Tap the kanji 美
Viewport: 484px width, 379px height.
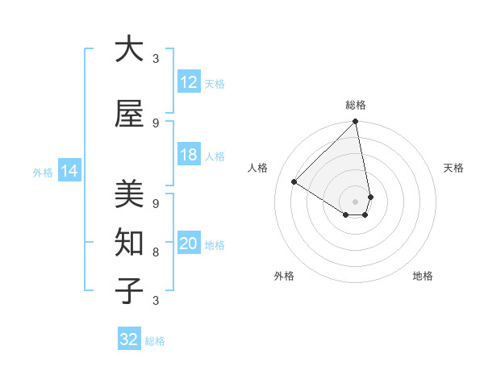click(x=129, y=194)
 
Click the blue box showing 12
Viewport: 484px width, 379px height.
click(x=189, y=82)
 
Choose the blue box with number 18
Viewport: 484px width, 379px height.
click(x=189, y=155)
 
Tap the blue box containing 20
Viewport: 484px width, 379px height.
click(x=189, y=244)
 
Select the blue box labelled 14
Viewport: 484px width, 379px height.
click(x=69, y=171)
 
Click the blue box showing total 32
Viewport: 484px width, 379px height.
click(x=129, y=339)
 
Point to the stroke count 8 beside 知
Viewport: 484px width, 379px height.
click(x=156, y=252)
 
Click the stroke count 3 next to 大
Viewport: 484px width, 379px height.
click(x=156, y=59)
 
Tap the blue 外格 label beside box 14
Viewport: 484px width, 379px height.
click(x=43, y=172)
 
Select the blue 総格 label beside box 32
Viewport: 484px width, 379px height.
click(x=155, y=341)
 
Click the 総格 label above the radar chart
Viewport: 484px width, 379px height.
click(x=356, y=105)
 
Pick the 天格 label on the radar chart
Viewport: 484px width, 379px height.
click(x=453, y=168)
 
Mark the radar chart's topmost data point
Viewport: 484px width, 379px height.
click(x=355, y=123)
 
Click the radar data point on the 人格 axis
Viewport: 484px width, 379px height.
click(x=294, y=181)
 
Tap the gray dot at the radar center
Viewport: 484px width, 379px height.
click(x=355, y=201)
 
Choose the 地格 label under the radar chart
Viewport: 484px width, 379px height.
click(x=423, y=276)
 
